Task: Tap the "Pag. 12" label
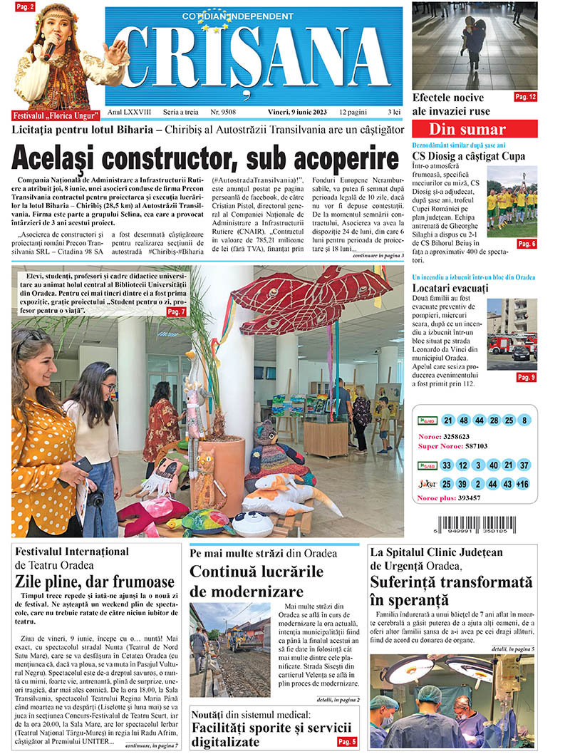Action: point(526,96)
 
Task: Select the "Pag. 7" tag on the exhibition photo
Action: point(176,312)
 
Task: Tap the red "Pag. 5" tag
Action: point(347,742)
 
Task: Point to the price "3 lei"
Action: point(394,113)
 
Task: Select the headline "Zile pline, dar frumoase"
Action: point(95,582)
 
